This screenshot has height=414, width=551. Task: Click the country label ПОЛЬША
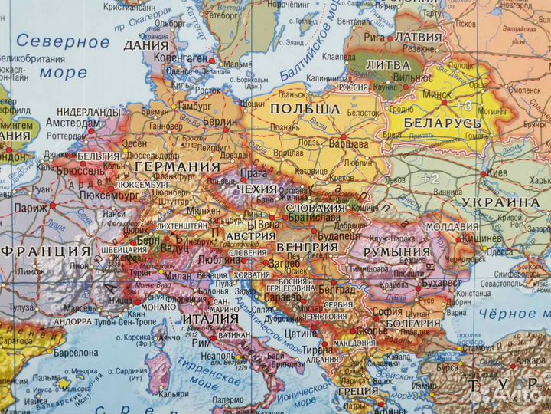[x=305, y=109]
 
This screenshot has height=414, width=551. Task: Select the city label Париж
[x=28, y=209]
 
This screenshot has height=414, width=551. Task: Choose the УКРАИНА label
[x=497, y=202]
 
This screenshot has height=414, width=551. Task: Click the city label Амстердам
[x=73, y=123]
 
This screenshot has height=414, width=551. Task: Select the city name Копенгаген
[x=181, y=59]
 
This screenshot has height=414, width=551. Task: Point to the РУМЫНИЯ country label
[x=396, y=251]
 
